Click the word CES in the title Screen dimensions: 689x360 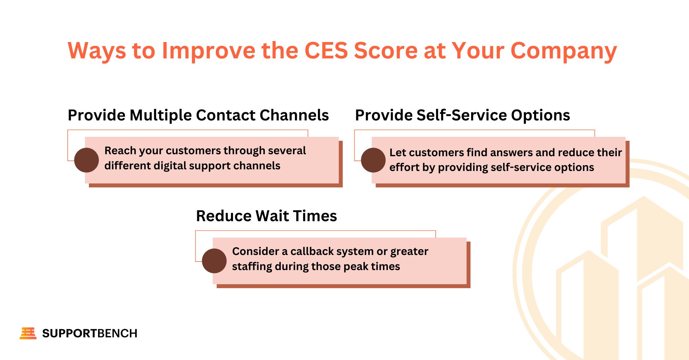pyautogui.click(x=326, y=51)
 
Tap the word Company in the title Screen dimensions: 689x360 pyautogui.click(x=564, y=52)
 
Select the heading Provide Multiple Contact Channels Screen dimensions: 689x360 pyautogui.click(x=198, y=115)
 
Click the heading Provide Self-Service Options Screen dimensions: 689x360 pyautogui.click(x=463, y=115)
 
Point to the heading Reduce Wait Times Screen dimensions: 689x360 pyautogui.click(x=266, y=216)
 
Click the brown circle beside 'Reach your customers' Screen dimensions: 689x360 pyautogui.click(x=86, y=160)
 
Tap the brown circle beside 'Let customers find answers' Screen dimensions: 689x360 pyautogui.click(x=373, y=160)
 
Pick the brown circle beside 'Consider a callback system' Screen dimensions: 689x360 pyautogui.click(x=214, y=261)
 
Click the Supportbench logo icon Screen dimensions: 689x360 pyautogui.click(x=28, y=333)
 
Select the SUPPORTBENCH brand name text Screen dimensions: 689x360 pyautogui.click(x=90, y=333)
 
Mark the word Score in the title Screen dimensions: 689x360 pyautogui.click(x=386, y=51)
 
